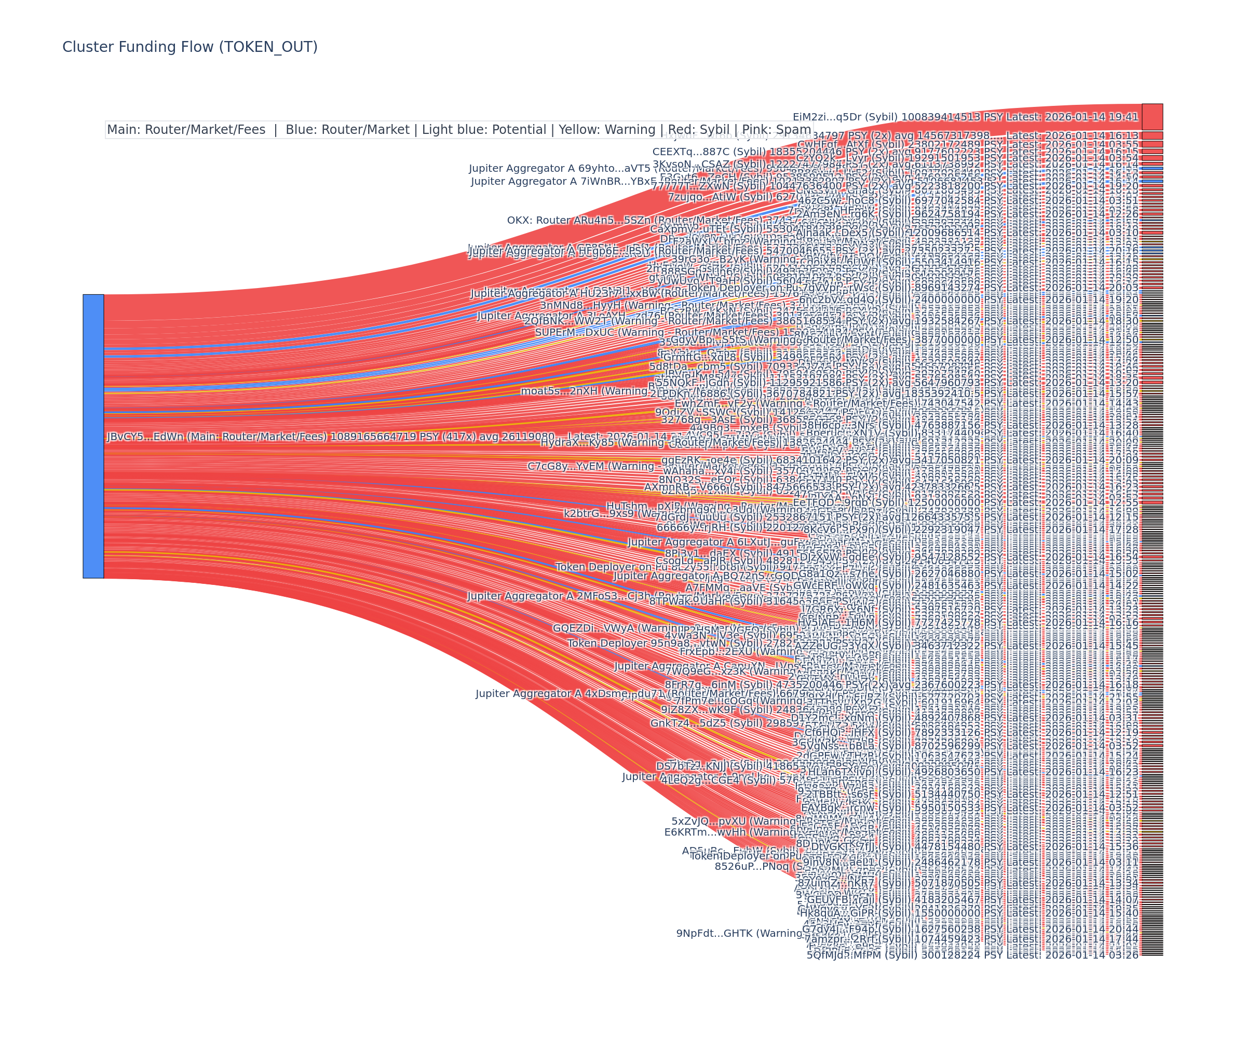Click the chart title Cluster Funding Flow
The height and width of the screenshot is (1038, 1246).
pos(190,47)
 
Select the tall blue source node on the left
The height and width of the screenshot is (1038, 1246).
pos(93,436)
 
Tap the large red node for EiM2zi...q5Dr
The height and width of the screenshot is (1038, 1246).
pos(1152,117)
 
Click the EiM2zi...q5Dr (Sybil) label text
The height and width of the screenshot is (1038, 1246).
pos(965,117)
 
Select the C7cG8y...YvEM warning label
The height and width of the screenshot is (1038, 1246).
pos(590,467)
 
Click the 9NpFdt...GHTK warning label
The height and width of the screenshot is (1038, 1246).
pos(739,934)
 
